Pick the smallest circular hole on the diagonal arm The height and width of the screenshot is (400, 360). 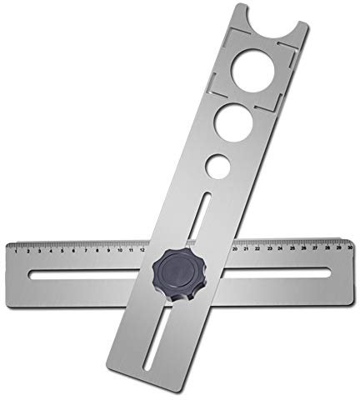pos(216,164)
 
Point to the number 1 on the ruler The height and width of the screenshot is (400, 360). pos(19,249)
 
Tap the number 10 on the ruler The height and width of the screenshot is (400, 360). pos(120,248)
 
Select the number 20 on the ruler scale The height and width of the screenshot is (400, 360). pos(237,247)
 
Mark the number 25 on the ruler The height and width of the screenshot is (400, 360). pos(293,247)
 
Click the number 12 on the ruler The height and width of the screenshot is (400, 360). pos(143,247)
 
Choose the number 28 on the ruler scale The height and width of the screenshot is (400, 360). pos(327,246)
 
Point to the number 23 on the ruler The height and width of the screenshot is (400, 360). pos(271,247)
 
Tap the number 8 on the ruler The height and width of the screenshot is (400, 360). pos(97,248)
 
